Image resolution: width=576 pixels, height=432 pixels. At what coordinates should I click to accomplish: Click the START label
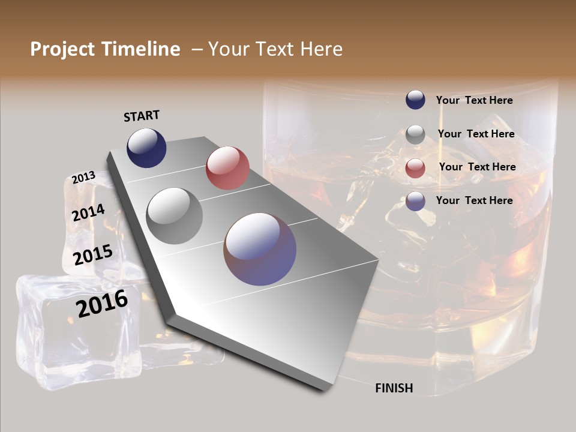coord(142,116)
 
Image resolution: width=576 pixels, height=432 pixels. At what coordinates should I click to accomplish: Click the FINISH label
coord(394,388)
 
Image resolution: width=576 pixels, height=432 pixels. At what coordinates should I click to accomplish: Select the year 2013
coord(83,178)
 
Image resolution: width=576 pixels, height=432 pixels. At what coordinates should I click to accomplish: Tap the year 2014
coord(88,212)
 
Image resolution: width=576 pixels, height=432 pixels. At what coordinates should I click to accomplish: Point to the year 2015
coord(93,255)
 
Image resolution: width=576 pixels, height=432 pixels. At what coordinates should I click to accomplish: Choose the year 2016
coord(102,303)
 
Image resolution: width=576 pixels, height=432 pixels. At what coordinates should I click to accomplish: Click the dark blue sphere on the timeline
coord(146,148)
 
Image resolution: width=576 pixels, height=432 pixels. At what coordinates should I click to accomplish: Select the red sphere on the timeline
coord(227,168)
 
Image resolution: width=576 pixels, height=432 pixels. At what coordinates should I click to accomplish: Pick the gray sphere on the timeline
coord(175,216)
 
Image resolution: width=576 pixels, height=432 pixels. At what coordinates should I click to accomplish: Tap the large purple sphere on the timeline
coord(260,249)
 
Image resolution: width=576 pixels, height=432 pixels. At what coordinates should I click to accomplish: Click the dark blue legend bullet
coord(415,100)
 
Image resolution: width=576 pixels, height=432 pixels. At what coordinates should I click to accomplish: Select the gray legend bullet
coord(415,134)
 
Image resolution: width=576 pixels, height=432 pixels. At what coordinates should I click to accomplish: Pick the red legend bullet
coord(415,168)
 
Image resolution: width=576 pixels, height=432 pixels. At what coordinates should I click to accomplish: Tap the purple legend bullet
coord(415,201)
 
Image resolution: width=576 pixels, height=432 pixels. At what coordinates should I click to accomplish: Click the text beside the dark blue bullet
coord(474,100)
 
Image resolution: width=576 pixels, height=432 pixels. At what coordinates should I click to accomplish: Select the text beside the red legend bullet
coord(477,167)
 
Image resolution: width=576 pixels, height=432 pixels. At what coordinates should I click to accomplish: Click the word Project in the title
coord(63,49)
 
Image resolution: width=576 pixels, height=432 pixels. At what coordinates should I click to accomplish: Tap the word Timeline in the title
coord(140,49)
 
